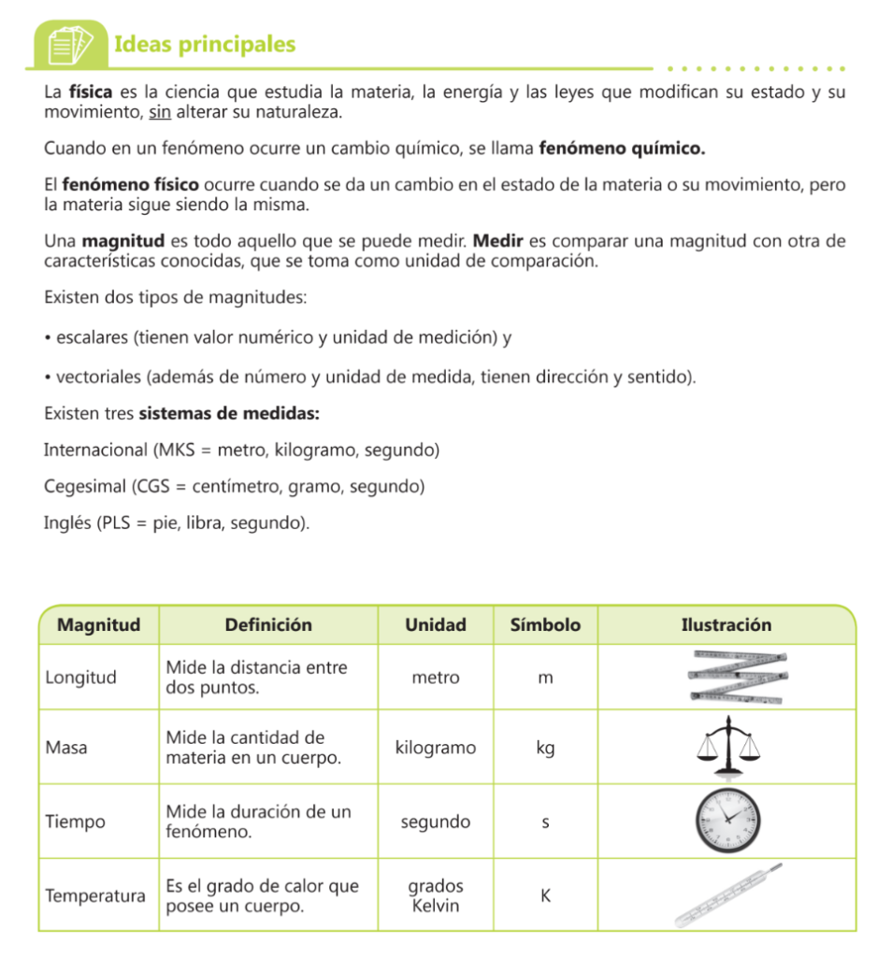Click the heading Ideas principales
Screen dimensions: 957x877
click(x=204, y=44)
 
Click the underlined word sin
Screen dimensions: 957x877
click(x=159, y=112)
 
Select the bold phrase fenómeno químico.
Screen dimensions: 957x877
click(x=623, y=149)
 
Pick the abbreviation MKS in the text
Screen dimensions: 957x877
click(x=175, y=450)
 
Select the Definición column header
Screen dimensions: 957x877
click(x=268, y=625)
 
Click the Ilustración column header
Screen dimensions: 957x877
click(x=726, y=625)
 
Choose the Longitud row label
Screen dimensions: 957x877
click(x=81, y=678)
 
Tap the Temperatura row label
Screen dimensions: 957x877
click(x=95, y=895)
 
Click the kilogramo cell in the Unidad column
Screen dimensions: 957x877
click(x=436, y=748)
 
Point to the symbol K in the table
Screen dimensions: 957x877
click(x=546, y=895)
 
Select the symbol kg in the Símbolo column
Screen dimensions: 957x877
click(x=545, y=748)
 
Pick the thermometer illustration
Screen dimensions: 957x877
click(x=727, y=895)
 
